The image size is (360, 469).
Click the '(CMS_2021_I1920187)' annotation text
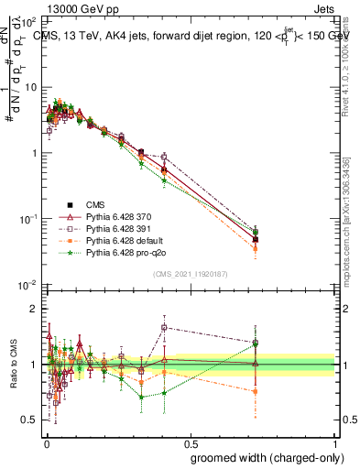190,274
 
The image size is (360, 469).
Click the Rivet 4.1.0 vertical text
345,64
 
